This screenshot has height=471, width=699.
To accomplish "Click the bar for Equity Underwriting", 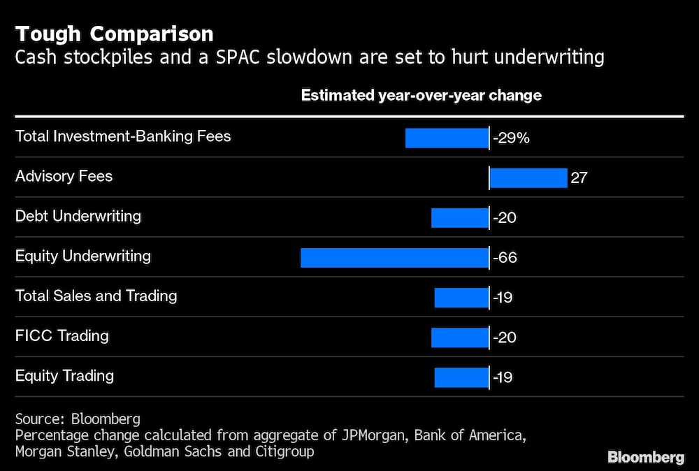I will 394,258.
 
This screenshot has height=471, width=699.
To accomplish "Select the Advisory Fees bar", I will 528,178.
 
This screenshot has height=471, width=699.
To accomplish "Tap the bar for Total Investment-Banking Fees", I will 447,138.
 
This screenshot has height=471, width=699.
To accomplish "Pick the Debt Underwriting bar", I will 459,218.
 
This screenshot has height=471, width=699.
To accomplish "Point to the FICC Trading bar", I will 459,338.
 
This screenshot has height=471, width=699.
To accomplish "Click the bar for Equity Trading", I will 461,377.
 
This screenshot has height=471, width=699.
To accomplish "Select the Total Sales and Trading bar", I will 461,298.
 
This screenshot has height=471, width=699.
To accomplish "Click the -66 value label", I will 505,258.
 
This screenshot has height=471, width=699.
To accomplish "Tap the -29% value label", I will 511,138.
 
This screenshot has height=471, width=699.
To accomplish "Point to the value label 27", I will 579,178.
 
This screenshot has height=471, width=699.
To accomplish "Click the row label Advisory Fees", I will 64,176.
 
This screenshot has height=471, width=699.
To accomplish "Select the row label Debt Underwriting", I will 78,216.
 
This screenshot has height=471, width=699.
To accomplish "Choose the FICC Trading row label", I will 62,335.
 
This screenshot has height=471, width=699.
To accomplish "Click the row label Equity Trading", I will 64,375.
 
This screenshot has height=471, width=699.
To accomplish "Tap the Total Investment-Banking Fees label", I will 123,136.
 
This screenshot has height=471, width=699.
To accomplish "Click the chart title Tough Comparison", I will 115,34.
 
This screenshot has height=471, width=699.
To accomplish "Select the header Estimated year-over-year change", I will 421,95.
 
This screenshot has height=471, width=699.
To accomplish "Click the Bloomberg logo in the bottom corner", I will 645,458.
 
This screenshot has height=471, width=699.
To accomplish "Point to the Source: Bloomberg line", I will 78,419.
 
